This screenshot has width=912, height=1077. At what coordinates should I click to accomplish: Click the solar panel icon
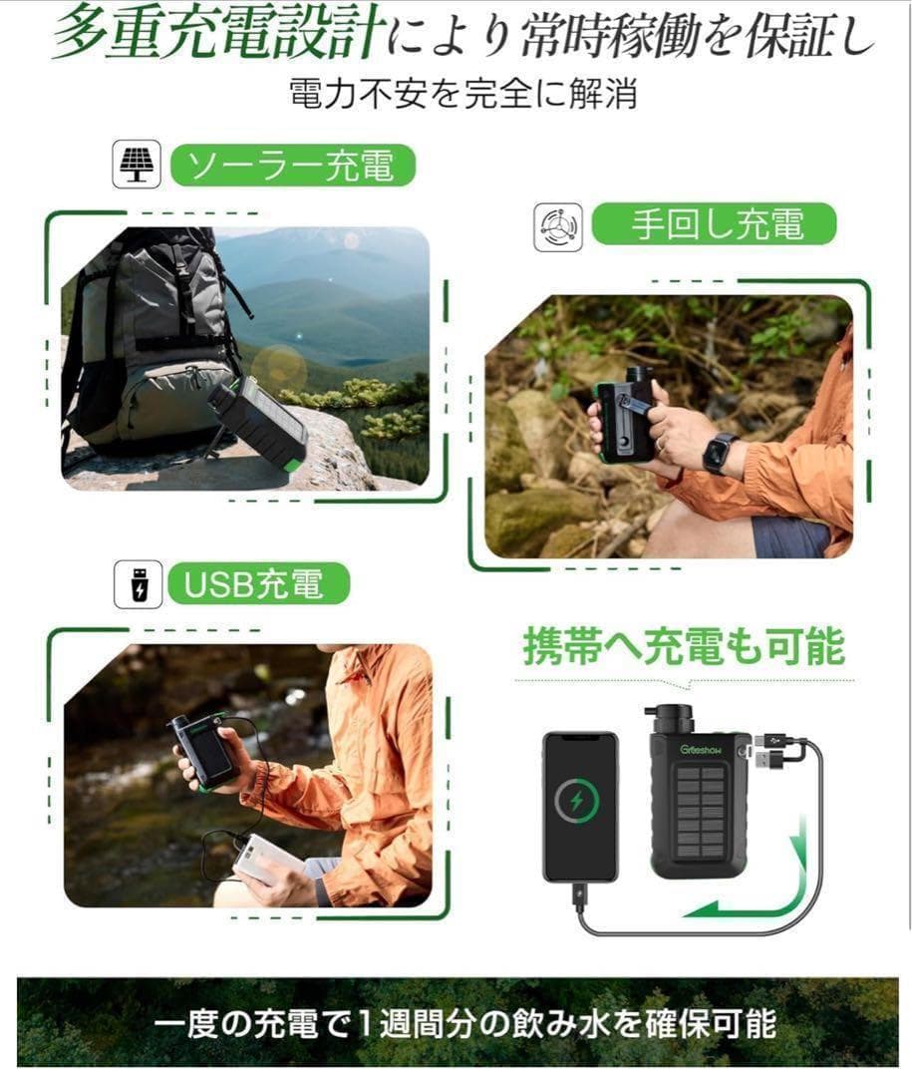point(136,166)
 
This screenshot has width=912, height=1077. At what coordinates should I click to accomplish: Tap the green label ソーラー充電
point(291,167)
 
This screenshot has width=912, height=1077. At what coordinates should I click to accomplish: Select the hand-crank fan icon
point(558,227)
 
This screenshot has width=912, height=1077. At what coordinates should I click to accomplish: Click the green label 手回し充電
point(715,224)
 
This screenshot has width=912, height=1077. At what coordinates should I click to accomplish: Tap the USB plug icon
point(137,584)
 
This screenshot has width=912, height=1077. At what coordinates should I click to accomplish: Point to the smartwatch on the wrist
point(720,451)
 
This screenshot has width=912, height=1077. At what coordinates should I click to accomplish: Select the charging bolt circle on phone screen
point(578,800)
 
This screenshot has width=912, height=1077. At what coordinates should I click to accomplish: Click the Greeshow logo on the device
point(703,748)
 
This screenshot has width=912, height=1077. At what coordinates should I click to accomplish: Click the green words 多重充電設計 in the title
point(214,37)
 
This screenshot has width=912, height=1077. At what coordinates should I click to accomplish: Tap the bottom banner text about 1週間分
point(456,1023)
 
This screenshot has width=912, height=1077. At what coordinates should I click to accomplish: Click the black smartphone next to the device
point(580,806)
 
